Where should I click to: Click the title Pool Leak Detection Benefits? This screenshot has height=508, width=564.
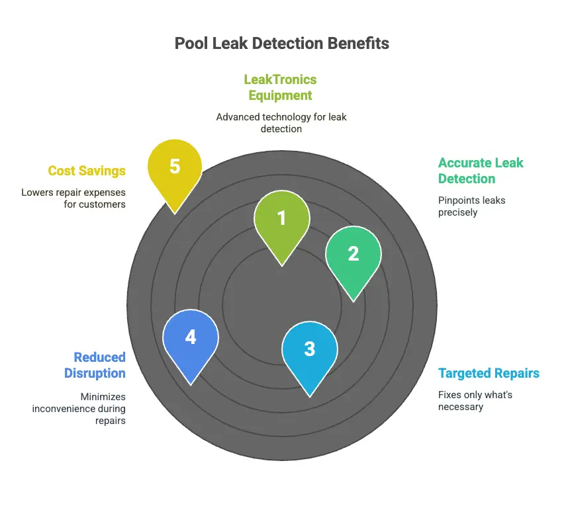pos(281,44)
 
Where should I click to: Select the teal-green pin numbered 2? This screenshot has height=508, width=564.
pos(353,255)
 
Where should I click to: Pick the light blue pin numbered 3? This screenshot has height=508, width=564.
pos(310,350)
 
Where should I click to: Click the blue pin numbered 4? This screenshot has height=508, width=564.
pos(191,338)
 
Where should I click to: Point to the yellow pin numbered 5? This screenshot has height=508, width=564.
pos(175,167)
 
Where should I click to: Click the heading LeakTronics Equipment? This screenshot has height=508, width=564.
pos(280,87)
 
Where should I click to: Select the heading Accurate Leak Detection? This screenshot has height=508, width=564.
pos(481,170)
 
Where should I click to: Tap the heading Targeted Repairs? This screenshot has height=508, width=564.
pos(489,373)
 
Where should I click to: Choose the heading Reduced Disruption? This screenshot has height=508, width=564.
pos(95,365)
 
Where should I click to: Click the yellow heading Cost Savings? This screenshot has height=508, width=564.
pos(87,171)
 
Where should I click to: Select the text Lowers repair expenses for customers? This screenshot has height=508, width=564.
pos(73,198)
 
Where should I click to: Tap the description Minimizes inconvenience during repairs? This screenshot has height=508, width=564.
pos(79,408)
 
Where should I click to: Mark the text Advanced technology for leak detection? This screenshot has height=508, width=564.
pos(281,122)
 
